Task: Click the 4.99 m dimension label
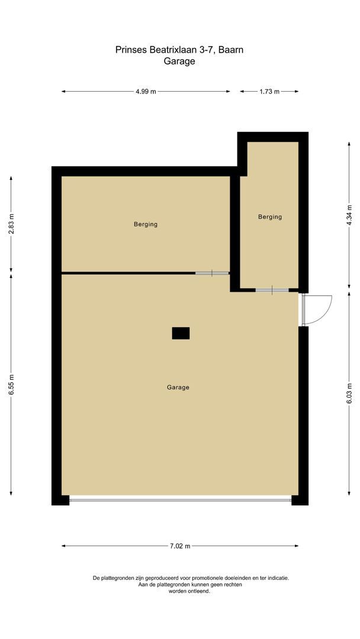(x=146, y=92)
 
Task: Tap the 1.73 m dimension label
(x=269, y=92)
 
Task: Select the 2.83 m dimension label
(x=12, y=225)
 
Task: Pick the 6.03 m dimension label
(x=349, y=393)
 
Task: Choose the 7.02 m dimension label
(x=179, y=546)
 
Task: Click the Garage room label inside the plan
(x=178, y=388)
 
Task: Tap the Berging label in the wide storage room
(x=146, y=224)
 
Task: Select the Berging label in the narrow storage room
(x=270, y=217)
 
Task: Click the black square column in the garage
(x=181, y=333)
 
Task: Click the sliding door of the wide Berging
(x=212, y=273)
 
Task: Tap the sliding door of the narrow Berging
(x=272, y=290)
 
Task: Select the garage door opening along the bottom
(x=180, y=500)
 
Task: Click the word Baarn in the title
(x=231, y=50)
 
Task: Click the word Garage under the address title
(x=179, y=61)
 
